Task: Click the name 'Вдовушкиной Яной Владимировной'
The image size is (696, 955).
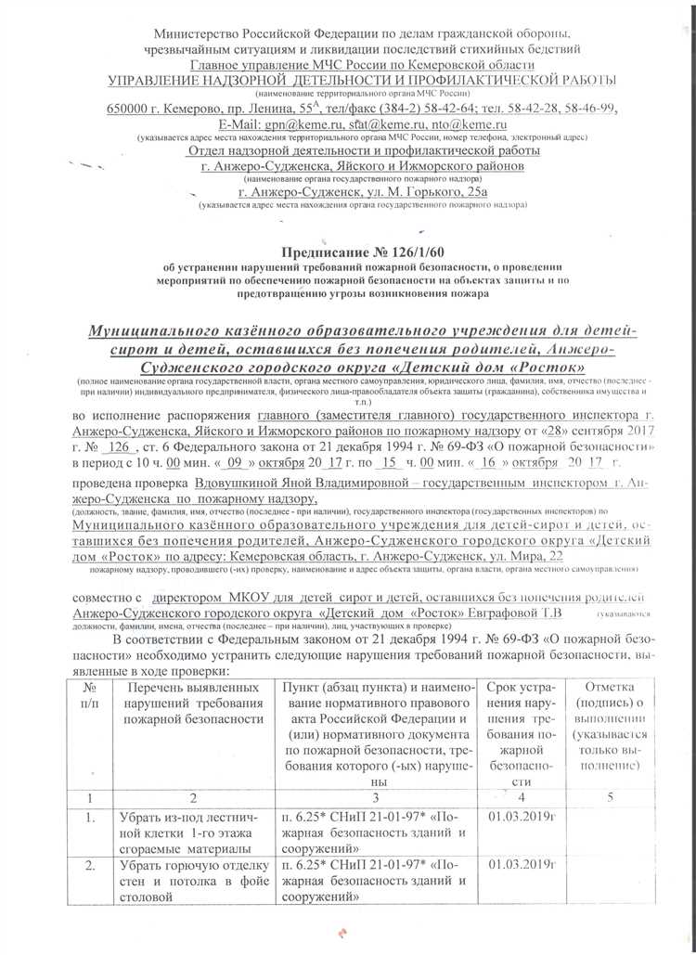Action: pyautogui.click(x=293, y=484)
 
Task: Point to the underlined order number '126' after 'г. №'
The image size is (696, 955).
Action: pyautogui.click(x=117, y=446)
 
